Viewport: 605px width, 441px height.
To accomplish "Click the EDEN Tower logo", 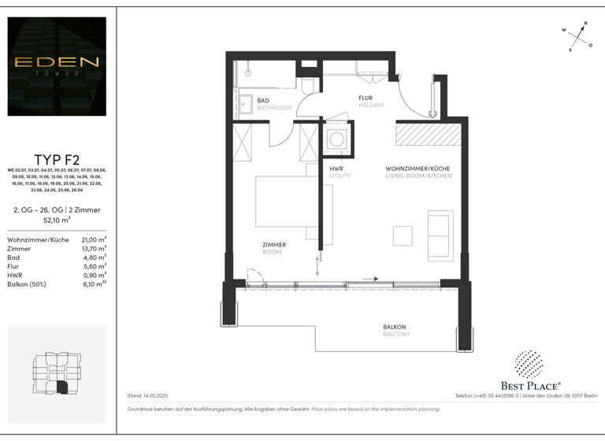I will [56, 66].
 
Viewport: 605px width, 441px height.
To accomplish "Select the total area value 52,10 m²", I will [56, 220].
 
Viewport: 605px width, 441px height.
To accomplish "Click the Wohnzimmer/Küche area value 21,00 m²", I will [94, 239].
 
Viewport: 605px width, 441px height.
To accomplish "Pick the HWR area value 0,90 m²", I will [95, 276].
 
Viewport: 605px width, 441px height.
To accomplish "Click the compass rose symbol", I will [578, 36].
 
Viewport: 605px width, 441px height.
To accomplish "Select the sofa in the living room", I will [440, 235].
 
